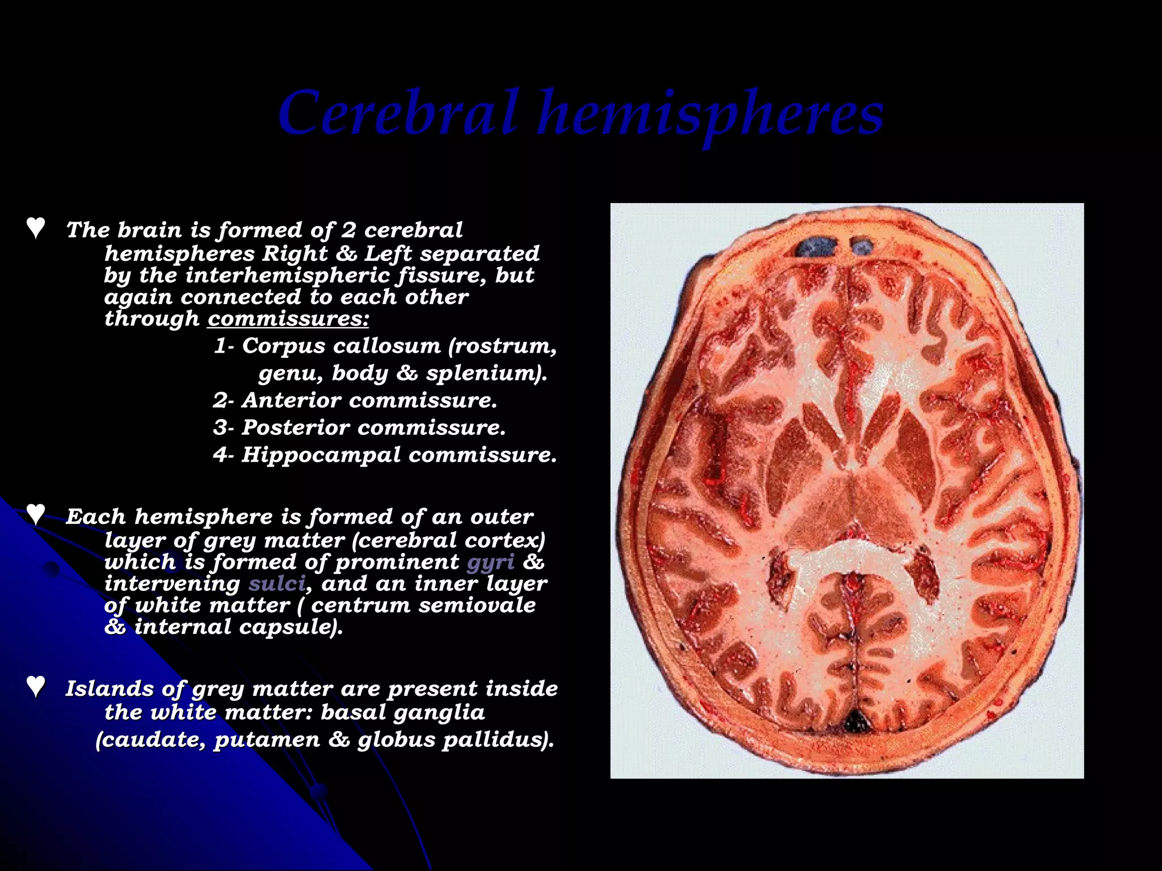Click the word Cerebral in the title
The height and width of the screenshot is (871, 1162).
398,113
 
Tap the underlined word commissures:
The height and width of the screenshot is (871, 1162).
288,319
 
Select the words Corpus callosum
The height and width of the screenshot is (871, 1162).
341,346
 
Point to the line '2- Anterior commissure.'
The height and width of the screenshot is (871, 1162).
355,400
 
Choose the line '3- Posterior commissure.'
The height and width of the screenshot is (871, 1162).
359,428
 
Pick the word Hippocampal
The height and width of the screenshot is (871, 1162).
321,455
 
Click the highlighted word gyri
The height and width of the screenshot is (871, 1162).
491,562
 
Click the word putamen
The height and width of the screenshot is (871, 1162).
267,740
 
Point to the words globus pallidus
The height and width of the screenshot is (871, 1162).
454,740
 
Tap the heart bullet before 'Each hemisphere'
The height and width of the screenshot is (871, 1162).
36,514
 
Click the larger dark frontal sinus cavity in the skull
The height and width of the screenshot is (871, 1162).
816,247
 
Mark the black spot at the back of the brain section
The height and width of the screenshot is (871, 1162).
856,722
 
